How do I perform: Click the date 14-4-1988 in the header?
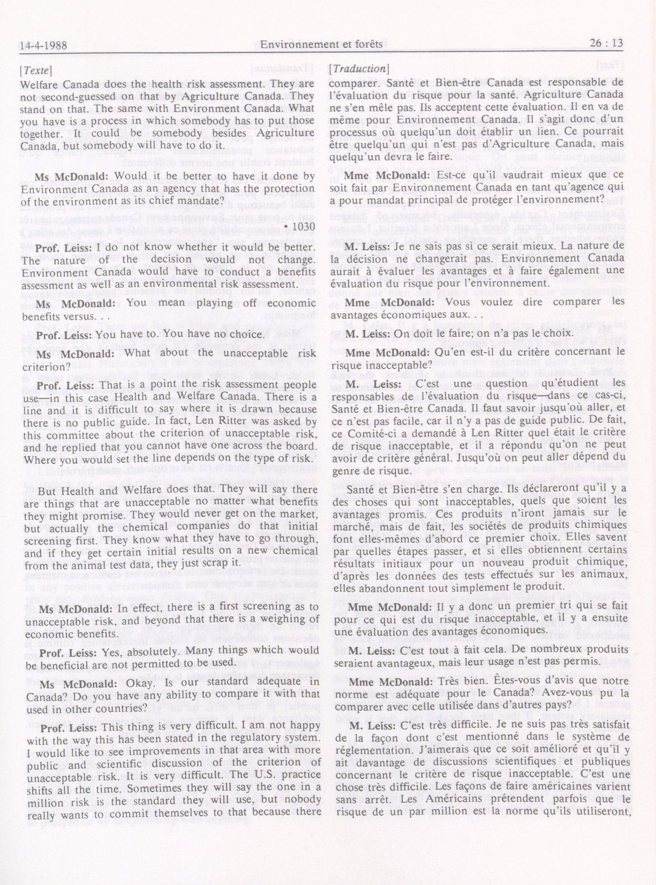[44, 45]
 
